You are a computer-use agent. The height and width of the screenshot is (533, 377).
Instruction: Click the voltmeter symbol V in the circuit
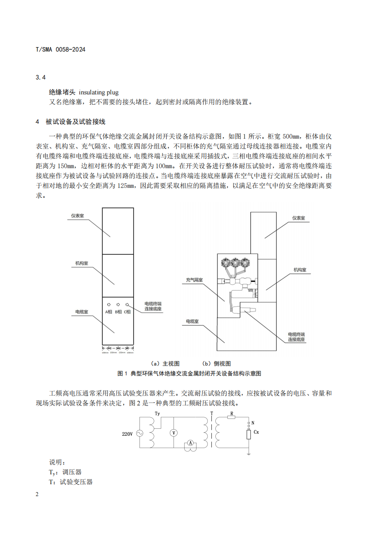[173, 433]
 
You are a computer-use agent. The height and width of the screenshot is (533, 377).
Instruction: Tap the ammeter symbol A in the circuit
[190, 443]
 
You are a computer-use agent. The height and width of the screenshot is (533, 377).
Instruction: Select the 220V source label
[127, 434]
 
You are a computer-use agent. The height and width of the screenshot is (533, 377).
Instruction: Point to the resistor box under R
[231, 418]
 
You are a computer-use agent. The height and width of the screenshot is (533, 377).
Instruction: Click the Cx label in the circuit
[256, 432]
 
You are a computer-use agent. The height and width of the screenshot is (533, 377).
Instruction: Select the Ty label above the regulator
[158, 413]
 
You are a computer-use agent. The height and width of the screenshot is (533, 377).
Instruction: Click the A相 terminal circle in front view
[109, 305]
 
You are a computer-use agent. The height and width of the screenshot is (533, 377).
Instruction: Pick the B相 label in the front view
[118, 312]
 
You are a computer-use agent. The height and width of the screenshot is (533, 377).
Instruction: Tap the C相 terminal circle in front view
[127, 305]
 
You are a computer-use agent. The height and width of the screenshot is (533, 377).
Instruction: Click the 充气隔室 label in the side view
[194, 280]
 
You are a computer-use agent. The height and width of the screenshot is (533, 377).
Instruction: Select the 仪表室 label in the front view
[78, 215]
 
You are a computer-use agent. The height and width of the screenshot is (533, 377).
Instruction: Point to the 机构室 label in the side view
[299, 270]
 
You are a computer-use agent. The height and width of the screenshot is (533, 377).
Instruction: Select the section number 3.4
[41, 78]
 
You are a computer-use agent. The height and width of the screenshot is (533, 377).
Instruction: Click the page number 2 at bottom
[37, 494]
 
